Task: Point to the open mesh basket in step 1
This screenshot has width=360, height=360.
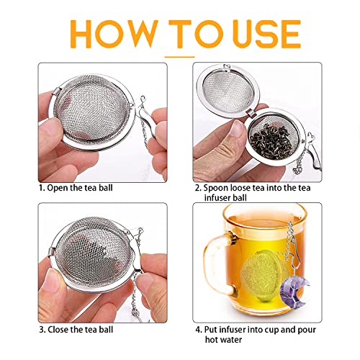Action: click(x=90, y=119)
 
